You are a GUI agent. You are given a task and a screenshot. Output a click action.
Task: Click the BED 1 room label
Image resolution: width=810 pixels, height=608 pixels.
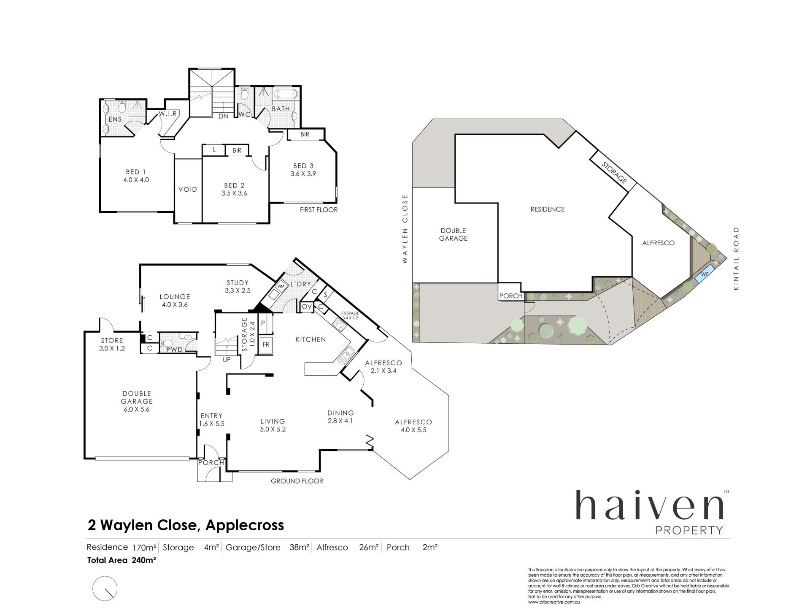coord(136,172)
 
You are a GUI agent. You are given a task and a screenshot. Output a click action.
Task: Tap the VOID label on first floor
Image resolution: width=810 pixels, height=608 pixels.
coord(188,189)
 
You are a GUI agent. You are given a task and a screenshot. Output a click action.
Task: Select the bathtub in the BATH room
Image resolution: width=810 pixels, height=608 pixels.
coord(286,94)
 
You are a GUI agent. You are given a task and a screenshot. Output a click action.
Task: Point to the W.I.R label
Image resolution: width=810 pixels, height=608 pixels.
coord(168,114)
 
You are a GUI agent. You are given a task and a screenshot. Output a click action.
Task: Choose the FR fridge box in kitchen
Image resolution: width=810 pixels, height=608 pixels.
coord(266,344)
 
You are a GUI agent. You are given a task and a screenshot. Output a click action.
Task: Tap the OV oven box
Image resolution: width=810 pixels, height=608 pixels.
coord(307,307)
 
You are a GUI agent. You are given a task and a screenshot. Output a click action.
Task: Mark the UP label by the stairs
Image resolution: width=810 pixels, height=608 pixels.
coord(227,360)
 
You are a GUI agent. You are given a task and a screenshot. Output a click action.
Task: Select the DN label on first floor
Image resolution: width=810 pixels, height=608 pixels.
coord(223,116)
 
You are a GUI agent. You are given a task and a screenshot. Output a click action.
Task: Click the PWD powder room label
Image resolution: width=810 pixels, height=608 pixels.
coord(174,350)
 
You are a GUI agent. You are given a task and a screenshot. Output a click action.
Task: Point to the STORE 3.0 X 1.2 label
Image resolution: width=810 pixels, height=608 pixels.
coord(112,345)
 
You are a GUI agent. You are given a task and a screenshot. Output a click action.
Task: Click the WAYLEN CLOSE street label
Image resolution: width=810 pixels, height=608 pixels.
coord(405,229)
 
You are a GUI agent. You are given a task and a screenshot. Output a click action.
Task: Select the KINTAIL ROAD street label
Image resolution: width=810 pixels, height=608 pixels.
coord(737,258)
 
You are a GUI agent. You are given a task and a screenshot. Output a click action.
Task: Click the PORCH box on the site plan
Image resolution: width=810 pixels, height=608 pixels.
coord(510,296)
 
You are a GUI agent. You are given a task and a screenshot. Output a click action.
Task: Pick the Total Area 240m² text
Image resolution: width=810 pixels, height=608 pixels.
coord(122,560)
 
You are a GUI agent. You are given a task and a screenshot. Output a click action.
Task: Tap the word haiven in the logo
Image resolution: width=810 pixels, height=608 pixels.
coord(650,505)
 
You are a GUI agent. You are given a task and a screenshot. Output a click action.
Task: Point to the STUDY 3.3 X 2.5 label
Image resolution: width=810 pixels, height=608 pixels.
coord(238,286)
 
